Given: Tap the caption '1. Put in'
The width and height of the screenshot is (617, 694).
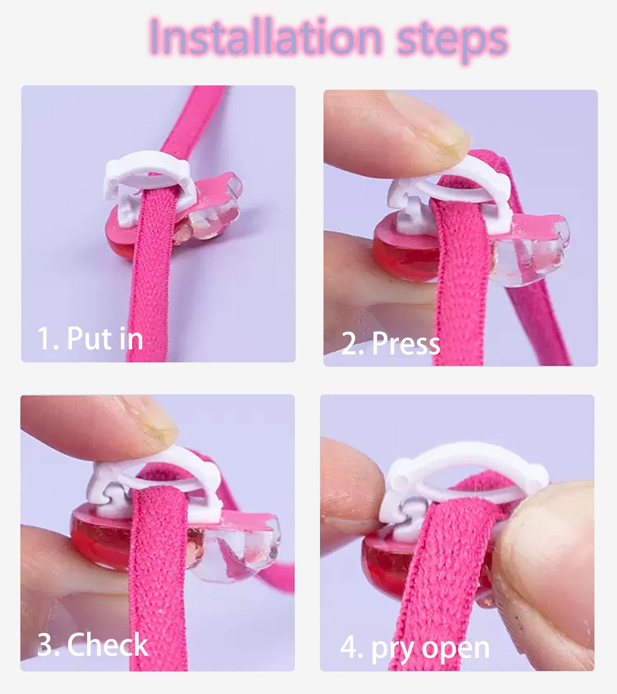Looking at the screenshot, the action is coord(90,338).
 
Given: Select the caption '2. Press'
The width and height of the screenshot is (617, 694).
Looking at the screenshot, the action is coord(391,343).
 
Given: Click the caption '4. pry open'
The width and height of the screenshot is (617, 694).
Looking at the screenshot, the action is coord(415,648).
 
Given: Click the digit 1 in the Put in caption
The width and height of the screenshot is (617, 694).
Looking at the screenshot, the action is coord(44,338).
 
